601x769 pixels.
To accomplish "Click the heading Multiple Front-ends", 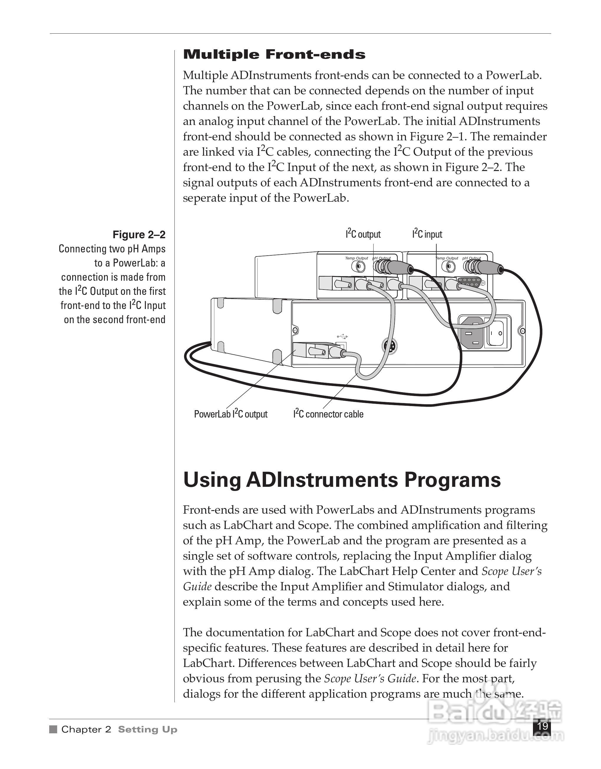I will click(274, 55).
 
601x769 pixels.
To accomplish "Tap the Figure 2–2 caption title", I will click(139, 234).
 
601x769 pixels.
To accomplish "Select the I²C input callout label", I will click(427, 234).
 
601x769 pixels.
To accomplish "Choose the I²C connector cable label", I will click(328, 414).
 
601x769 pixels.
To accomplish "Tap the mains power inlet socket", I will click(472, 332).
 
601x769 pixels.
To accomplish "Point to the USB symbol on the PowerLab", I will click(342, 337).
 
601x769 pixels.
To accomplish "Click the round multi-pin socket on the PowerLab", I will click(389, 346).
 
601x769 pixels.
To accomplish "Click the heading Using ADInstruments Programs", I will click(342, 480).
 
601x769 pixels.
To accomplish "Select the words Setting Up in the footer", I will click(147, 729).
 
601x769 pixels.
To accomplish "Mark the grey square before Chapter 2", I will click(53, 729).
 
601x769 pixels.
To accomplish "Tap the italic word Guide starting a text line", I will click(197, 586).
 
